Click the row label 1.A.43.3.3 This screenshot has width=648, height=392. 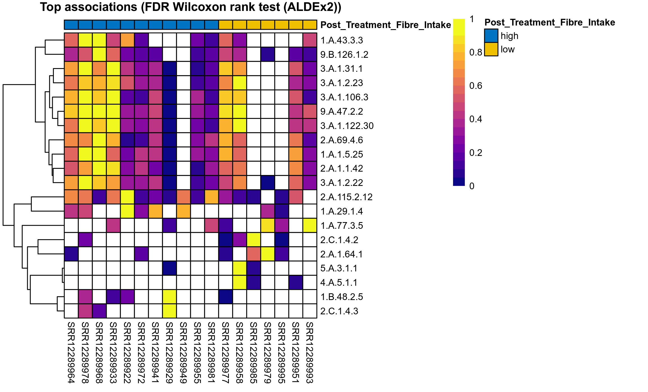point(341,40)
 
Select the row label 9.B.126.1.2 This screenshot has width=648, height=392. point(344,55)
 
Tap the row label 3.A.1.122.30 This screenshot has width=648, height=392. point(347,126)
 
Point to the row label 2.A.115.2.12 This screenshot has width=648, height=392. point(346,197)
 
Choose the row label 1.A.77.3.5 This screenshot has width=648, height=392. point(341,226)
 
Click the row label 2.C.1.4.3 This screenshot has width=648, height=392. point(339,311)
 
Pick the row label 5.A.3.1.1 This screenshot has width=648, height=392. point(339,268)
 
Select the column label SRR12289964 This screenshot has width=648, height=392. point(71,352)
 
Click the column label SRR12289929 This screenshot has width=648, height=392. point(169,352)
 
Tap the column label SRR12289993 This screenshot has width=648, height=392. point(310,352)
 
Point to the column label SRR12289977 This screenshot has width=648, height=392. point(226,352)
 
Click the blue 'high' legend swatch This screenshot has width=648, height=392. point(491,36)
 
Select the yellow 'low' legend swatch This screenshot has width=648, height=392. point(491,49)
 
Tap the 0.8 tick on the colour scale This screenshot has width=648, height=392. point(475,52)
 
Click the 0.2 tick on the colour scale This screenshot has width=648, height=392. point(475,153)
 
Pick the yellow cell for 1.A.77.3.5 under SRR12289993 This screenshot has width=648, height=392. point(310,226)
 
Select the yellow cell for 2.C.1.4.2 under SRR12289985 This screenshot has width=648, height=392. point(254,240)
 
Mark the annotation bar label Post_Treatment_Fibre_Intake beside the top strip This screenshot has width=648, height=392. point(385,25)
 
